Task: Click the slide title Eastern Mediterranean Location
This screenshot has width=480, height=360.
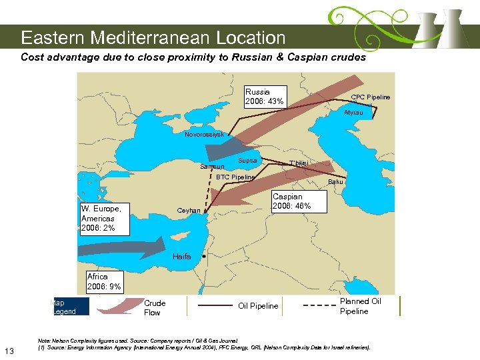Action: click(x=153, y=38)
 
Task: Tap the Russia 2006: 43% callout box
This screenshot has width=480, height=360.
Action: click(x=265, y=97)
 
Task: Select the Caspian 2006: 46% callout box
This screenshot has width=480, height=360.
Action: click(x=299, y=201)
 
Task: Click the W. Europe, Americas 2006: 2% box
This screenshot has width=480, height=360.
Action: click(x=104, y=218)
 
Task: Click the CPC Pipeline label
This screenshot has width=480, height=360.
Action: click(x=371, y=97)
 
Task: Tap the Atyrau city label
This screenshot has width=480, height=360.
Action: click(x=353, y=113)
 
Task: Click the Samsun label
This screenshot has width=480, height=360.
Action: click(x=212, y=167)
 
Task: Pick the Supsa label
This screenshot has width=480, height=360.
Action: click(x=247, y=161)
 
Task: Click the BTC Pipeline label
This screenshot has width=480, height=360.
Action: click(x=235, y=177)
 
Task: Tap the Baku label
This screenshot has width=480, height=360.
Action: click(x=335, y=182)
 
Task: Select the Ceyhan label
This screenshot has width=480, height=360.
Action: click(x=189, y=211)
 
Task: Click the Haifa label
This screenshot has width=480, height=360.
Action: click(x=182, y=257)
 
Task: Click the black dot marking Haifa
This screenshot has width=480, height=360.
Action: click(x=203, y=255)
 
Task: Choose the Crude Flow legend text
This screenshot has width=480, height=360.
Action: click(x=155, y=307)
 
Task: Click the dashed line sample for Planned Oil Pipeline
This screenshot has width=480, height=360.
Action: click(x=319, y=306)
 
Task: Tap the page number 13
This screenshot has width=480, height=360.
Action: click(x=9, y=351)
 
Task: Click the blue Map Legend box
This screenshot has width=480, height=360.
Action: click(x=65, y=307)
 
